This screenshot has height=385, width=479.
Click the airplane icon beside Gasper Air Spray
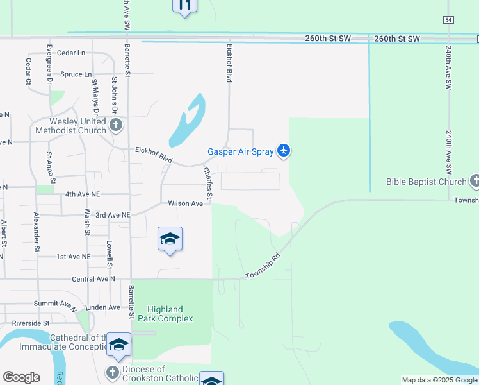pyautogui.click(x=284, y=151)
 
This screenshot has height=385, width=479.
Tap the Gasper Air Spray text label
pyautogui.click(x=240, y=152)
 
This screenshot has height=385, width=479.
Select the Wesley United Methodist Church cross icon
pyautogui.click(x=115, y=124)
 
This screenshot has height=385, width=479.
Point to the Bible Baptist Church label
pyautogui.click(x=426, y=182)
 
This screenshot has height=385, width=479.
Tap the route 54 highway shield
pyautogui.click(x=448, y=20)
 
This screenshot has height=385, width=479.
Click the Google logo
pyautogui.click(x=21, y=377)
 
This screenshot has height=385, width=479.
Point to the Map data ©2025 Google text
pyautogui.click(x=439, y=380)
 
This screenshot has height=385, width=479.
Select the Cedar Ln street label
pyautogui.click(x=71, y=53)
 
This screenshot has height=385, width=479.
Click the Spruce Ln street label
pyautogui.click(x=76, y=74)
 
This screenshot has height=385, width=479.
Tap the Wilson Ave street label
pyautogui.click(x=185, y=203)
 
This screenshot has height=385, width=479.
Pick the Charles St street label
pyautogui.click(x=207, y=182)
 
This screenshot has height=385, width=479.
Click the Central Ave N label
pyautogui.click(x=93, y=279)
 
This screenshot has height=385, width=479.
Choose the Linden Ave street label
pyautogui.click(x=102, y=307)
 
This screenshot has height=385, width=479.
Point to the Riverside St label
pyautogui.click(x=31, y=323)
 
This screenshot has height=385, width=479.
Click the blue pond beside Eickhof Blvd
pyautogui.click(x=188, y=122)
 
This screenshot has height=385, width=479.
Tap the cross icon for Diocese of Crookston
pyautogui.click(x=112, y=372)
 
